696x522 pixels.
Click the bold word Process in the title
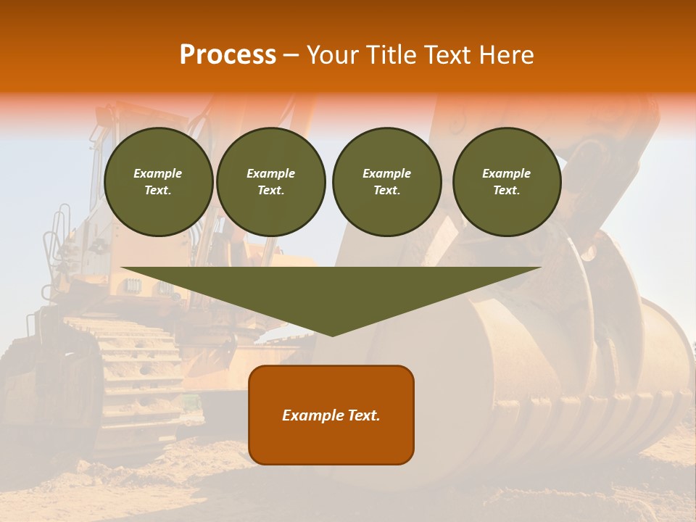(x=228, y=54)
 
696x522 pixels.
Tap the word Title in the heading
(x=392, y=54)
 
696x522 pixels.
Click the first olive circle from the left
(x=158, y=181)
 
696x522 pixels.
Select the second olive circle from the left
(x=270, y=181)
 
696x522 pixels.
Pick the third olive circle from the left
(x=386, y=181)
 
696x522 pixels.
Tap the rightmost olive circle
(x=506, y=181)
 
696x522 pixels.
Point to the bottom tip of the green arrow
(x=332, y=335)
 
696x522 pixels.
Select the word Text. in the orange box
(x=364, y=415)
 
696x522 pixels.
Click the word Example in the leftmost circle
(x=158, y=173)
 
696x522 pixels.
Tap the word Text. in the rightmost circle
(x=506, y=190)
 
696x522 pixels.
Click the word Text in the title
(x=449, y=54)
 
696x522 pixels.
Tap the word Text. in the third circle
(x=386, y=190)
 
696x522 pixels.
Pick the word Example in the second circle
(x=270, y=173)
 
